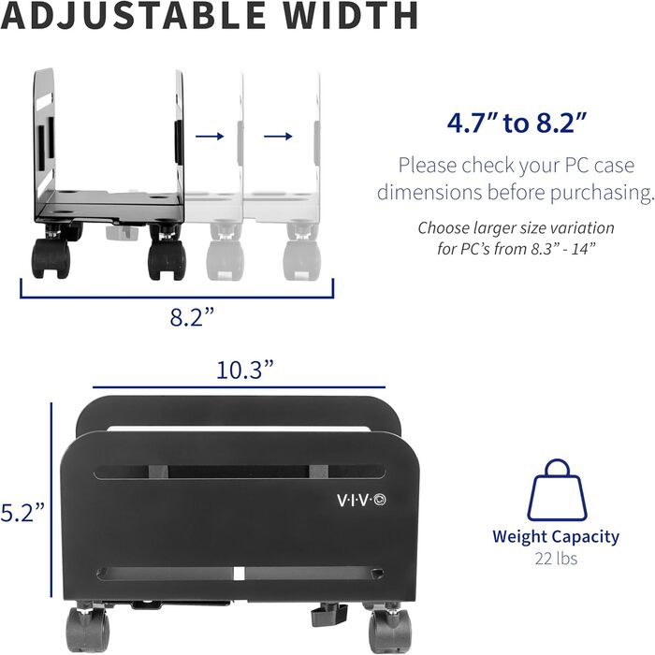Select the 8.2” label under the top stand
tap(193, 316)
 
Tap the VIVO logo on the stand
tap(365, 499)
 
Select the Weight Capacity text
tap(556, 537)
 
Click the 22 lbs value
tap(556, 559)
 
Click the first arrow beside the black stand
tap(211, 137)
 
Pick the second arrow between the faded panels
tap(277, 137)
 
